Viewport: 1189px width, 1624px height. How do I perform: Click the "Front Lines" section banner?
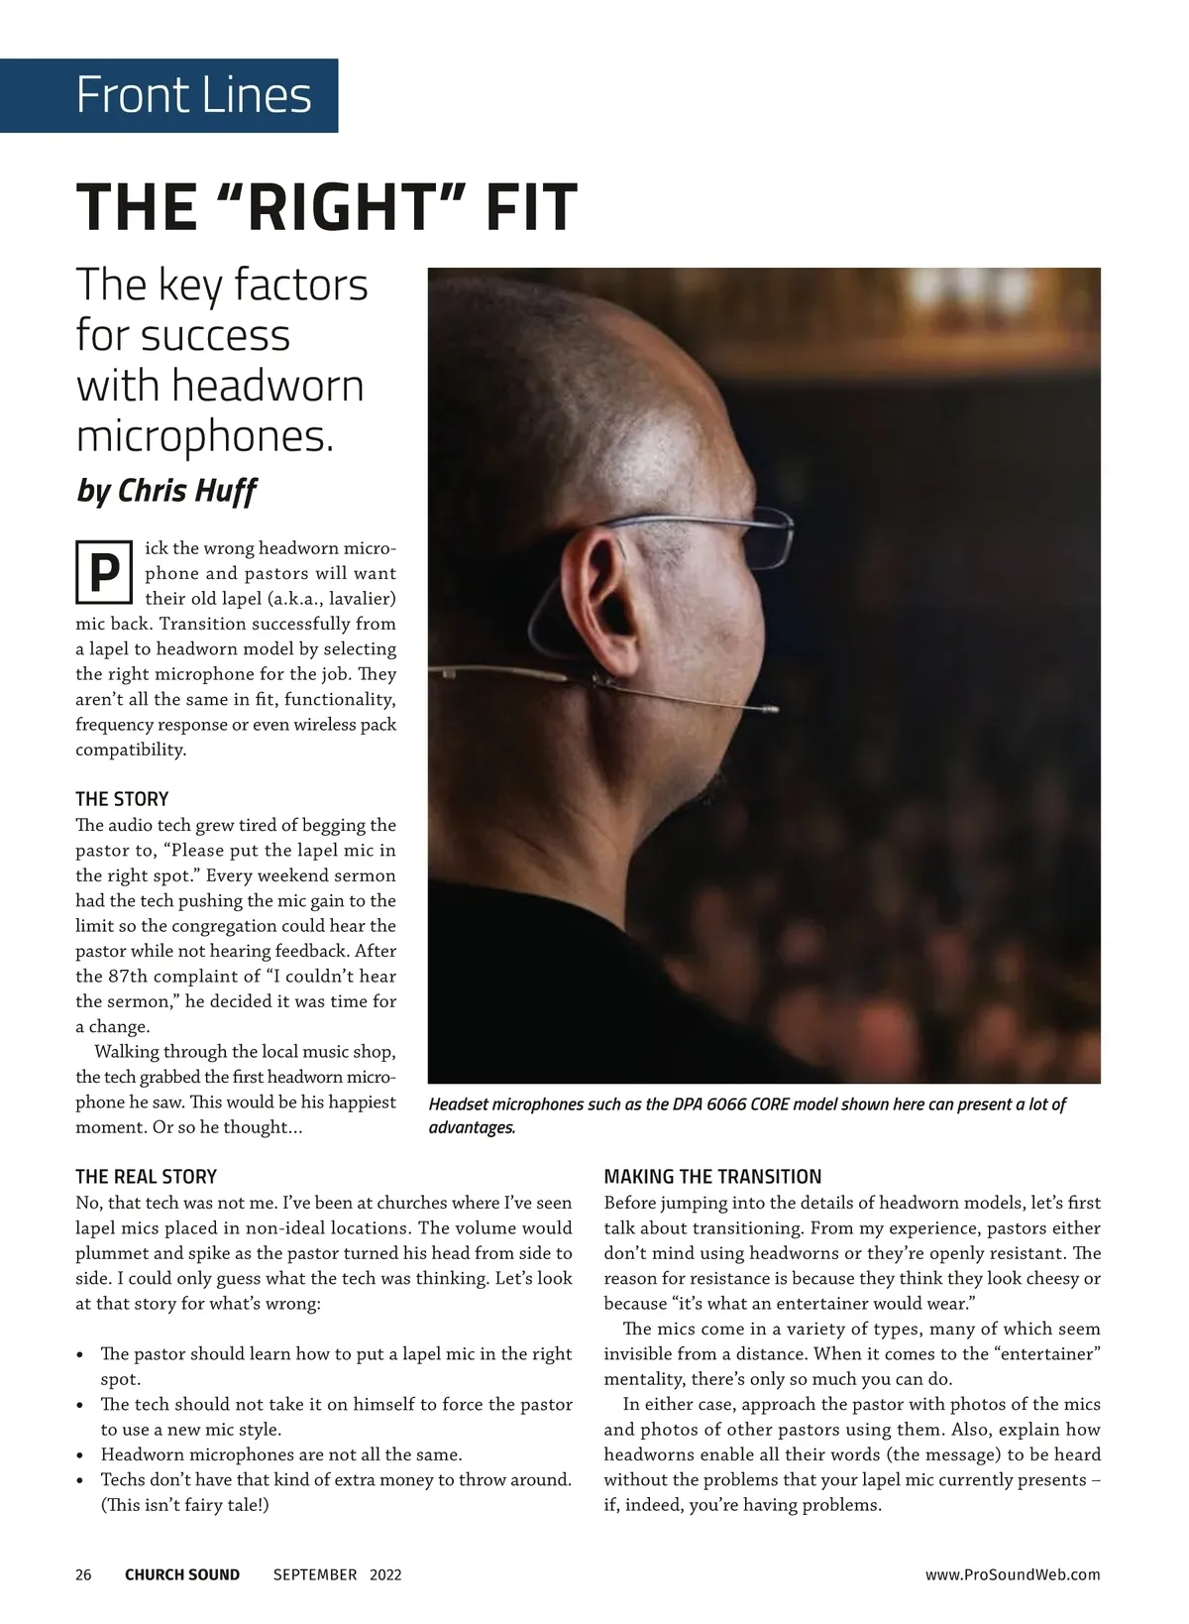click(193, 95)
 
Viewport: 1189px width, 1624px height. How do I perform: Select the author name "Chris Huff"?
click(188, 490)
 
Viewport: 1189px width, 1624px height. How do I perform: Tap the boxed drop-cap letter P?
click(103, 573)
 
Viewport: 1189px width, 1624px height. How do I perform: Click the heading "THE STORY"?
click(122, 799)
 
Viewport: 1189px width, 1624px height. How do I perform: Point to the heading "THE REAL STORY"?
click(146, 1177)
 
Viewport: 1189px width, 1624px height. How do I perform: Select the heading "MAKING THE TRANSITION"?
click(712, 1177)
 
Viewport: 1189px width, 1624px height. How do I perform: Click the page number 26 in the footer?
click(83, 1574)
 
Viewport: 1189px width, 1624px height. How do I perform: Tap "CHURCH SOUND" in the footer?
click(182, 1574)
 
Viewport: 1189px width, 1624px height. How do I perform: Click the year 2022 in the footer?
click(385, 1574)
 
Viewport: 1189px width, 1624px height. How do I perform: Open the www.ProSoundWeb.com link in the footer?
click(1012, 1574)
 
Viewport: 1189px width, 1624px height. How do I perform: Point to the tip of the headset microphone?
click(770, 709)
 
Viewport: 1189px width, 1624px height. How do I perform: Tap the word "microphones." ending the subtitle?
click(205, 437)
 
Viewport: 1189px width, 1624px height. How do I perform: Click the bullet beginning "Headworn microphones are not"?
click(281, 1455)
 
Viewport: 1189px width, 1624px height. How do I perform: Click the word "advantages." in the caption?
click(472, 1128)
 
